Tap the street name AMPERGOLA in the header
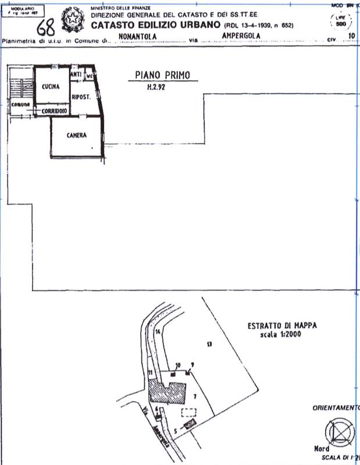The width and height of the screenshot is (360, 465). point(241,35)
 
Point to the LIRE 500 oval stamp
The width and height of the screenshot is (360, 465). point(341,21)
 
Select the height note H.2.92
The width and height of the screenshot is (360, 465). point(156,89)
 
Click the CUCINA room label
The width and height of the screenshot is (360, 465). point(51,87)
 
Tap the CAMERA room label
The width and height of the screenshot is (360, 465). point(76,135)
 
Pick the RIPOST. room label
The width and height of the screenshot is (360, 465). point(80,98)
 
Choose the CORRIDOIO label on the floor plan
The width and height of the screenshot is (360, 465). point(53,110)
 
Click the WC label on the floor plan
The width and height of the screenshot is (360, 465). point(90,76)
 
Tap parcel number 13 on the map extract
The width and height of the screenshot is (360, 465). point(209,344)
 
